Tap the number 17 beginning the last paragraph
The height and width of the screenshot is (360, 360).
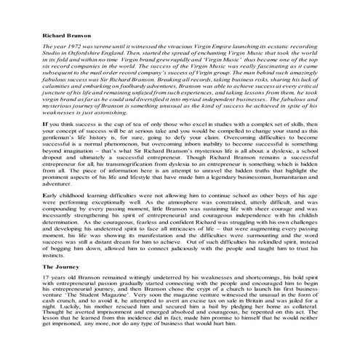(x=28, y=259)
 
